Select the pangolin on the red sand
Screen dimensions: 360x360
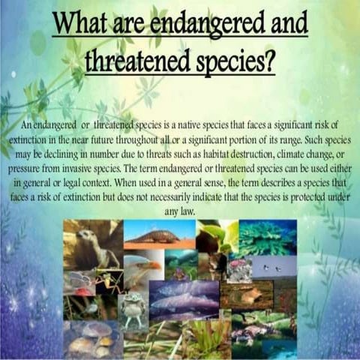[x=157, y=234]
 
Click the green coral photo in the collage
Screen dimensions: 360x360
[x=266, y=237]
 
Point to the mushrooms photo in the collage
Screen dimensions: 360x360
[x=91, y=338]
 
